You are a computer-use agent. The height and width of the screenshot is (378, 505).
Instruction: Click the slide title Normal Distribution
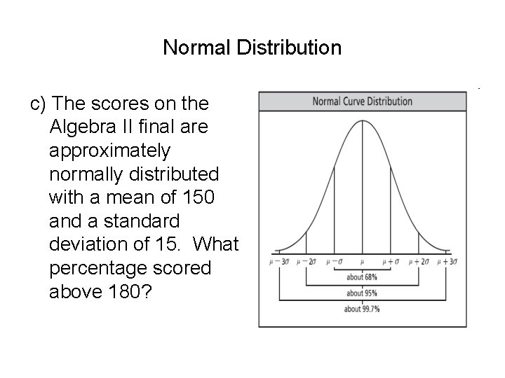[252, 48]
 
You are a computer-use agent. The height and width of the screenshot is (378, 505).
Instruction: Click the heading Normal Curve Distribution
[362, 101]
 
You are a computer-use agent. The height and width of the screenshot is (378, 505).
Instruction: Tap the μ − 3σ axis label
[278, 262]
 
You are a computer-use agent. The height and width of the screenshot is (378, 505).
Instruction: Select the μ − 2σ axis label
[307, 262]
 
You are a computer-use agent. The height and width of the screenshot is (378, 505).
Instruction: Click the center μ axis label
[362, 262]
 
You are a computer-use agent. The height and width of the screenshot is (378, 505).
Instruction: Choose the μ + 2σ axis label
[419, 262]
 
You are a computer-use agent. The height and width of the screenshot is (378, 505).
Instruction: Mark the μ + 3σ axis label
[447, 262]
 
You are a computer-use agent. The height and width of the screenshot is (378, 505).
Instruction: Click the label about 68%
[362, 277]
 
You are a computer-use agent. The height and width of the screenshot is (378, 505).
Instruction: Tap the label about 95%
[362, 293]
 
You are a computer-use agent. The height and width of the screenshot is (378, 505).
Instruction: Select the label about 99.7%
[362, 309]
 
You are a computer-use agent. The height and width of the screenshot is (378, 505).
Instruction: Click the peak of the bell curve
[362, 120]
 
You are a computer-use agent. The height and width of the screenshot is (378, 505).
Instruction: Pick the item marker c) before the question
[39, 104]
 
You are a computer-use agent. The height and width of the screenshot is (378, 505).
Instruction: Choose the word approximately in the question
[110, 150]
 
